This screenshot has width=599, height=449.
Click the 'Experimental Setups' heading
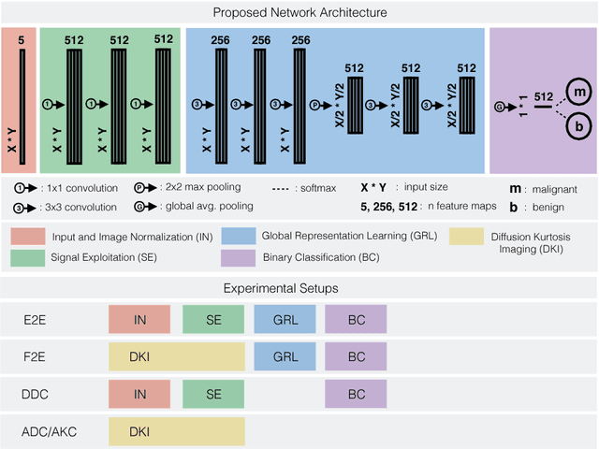coord(299,288)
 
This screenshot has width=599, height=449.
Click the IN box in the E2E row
coord(139,319)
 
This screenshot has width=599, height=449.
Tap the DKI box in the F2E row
coord(176,356)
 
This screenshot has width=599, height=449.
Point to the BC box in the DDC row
coord(357,394)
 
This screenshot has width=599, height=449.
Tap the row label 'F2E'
coord(34,356)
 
